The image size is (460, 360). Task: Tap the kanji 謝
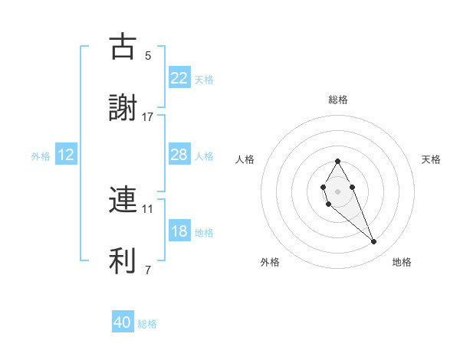pos(123,107)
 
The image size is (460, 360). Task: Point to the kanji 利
pos(123,260)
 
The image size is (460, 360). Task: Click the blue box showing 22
pos(179,78)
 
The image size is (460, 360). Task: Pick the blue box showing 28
pos(179,155)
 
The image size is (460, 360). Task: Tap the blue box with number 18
pos(179,231)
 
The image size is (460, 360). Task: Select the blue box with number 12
pos(66,155)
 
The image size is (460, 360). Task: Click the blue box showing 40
pos(123,323)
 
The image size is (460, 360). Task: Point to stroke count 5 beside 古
pos(148,55)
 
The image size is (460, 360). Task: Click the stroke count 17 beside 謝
pos(148,117)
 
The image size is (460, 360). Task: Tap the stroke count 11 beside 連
pos(148,208)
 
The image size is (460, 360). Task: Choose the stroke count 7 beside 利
pos(148,270)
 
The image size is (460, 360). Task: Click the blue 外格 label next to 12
pos(41,155)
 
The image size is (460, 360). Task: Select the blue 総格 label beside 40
pos(147,324)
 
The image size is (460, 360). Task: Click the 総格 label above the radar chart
pos(337,100)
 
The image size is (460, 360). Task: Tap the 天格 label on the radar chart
pos(431,159)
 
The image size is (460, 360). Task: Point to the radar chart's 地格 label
pos(402,262)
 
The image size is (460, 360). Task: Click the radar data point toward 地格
pos(374,241)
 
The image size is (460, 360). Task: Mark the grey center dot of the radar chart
pos(337,190)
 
